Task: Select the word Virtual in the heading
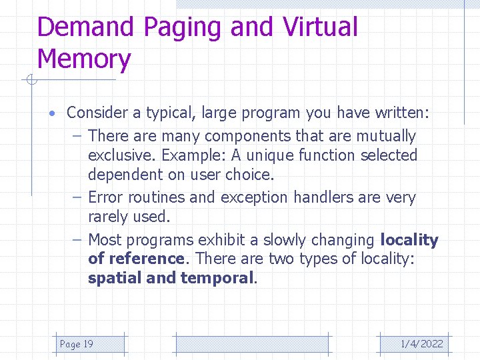[320, 27]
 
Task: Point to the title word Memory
[84, 59]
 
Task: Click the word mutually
[385, 136]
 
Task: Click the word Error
[105, 197]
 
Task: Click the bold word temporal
[217, 278]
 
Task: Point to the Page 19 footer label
[77, 344]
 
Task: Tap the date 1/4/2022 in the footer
[421, 344]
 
